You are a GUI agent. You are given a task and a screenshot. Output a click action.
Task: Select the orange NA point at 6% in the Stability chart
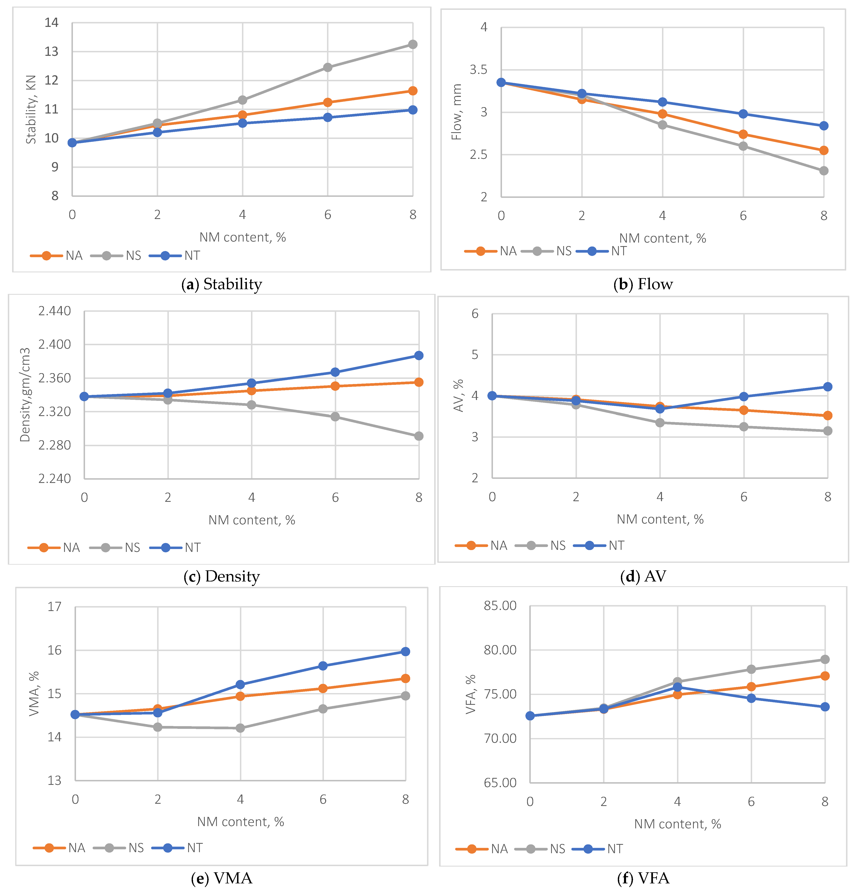point(327,102)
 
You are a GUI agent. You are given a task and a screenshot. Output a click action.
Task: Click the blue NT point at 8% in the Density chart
point(419,355)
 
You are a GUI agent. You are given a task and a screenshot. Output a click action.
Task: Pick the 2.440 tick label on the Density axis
point(55,311)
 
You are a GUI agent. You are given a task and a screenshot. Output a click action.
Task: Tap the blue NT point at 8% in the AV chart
point(828,387)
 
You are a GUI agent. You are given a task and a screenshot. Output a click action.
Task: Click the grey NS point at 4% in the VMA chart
point(241,728)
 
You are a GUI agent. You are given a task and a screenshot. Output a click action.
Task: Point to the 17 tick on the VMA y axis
point(55,607)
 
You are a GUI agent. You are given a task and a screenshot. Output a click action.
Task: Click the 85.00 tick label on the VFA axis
point(500,606)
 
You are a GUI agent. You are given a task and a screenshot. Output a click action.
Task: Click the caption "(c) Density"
point(221,576)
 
